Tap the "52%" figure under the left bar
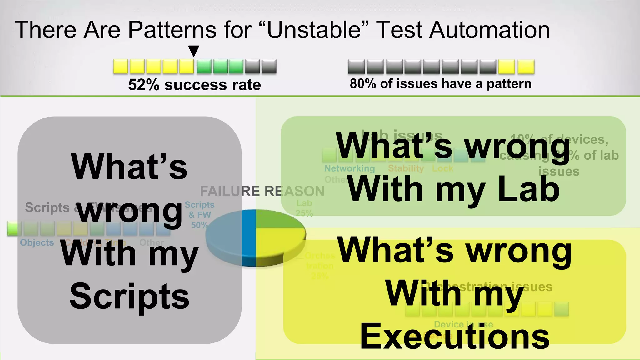pyautogui.click(x=144, y=85)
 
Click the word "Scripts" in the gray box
pyautogui.click(x=129, y=297)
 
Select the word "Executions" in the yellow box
pyautogui.click(x=455, y=337)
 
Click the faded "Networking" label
pyautogui.click(x=349, y=168)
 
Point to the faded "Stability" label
pyautogui.click(x=406, y=168)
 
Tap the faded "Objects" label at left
pyautogui.click(x=37, y=242)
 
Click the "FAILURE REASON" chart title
pyautogui.click(x=262, y=191)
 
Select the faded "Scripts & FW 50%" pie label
pyautogui.click(x=199, y=215)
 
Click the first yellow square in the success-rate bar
pyautogui.click(x=121, y=67)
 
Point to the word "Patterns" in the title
pyautogui.click(x=172, y=30)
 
